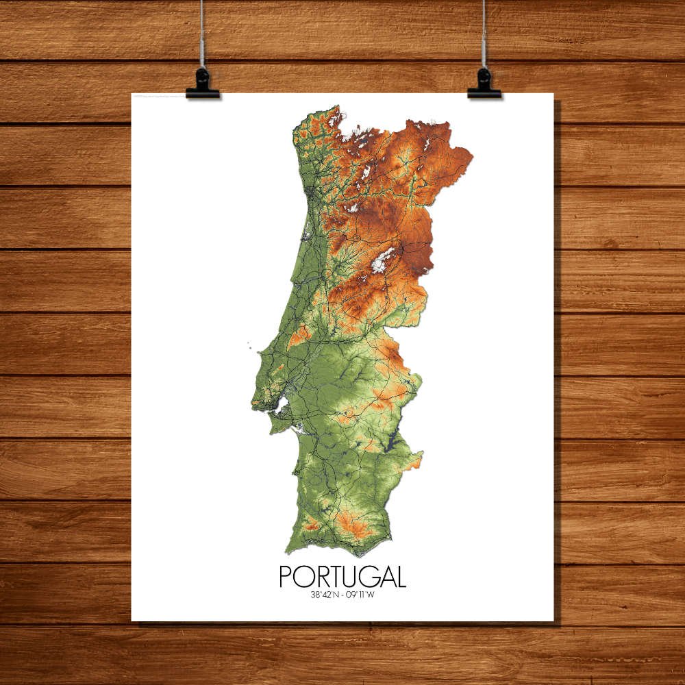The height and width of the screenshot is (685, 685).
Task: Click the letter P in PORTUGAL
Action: [x=286, y=577]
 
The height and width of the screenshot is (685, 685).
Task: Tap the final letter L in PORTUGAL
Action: [x=400, y=577]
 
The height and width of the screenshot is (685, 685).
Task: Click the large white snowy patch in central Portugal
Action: [x=382, y=260]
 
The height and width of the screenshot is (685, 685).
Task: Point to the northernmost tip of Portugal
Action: [x=336, y=106]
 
